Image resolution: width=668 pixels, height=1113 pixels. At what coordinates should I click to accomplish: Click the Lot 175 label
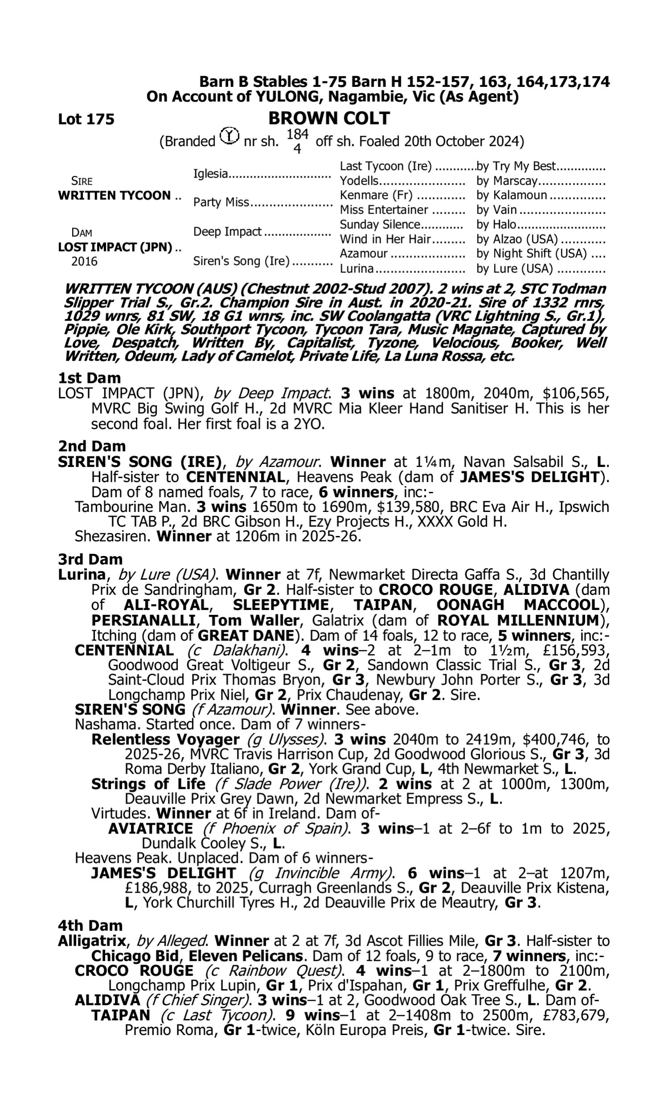click(x=86, y=119)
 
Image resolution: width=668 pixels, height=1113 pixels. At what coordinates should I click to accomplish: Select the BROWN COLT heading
click(x=329, y=118)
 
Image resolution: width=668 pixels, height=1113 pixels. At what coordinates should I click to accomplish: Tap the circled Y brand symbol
click(x=229, y=136)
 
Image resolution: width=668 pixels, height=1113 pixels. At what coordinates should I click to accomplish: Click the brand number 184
click(x=297, y=134)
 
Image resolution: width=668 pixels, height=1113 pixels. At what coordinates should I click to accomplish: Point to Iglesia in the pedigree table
click(x=210, y=173)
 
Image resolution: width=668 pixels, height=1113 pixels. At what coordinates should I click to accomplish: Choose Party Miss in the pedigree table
click(x=221, y=202)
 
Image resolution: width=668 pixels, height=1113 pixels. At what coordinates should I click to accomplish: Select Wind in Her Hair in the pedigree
click(x=385, y=239)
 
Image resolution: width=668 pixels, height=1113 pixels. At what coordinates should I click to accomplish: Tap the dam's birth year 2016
click(x=84, y=261)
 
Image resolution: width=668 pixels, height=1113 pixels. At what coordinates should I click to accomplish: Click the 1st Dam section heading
click(x=90, y=378)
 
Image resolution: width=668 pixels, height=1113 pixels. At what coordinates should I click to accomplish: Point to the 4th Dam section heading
click(x=90, y=926)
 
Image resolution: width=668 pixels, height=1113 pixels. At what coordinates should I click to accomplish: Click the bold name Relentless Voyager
click(x=165, y=739)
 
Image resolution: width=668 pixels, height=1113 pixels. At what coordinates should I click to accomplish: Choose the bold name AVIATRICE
click(x=151, y=828)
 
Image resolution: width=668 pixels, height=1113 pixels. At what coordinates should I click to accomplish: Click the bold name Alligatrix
click(x=92, y=941)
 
